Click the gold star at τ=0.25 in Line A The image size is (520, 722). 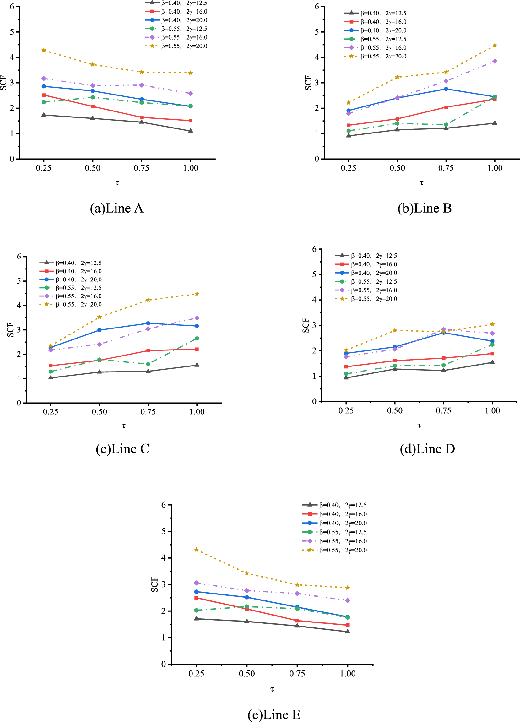pos(44,50)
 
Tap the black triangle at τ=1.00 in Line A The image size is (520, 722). pos(191,131)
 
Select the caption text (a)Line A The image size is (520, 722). pos(116,208)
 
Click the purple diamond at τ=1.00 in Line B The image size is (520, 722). pos(495,61)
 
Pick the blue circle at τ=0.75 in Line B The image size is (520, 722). pos(446,89)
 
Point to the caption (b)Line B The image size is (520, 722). pos(425,208)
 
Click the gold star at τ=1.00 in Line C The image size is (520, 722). pos(197,294)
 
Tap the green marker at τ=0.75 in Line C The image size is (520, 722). pos(148,364)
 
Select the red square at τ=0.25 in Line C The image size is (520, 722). pos(51,366)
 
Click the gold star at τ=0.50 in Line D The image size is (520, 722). pos(395,330)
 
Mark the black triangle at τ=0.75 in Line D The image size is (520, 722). pos(444,370)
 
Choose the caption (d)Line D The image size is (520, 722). pos(427,449)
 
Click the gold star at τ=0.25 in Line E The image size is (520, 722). pos(196,550)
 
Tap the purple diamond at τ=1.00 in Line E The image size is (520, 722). pos(348,600)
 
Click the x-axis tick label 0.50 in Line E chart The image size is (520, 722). pos(246,674)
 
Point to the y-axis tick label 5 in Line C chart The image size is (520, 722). pos(19,281)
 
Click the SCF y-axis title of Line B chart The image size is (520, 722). pos(308,83)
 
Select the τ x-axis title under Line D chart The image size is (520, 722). pos(419,426)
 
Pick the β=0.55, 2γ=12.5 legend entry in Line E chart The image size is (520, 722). pos(343,532)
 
